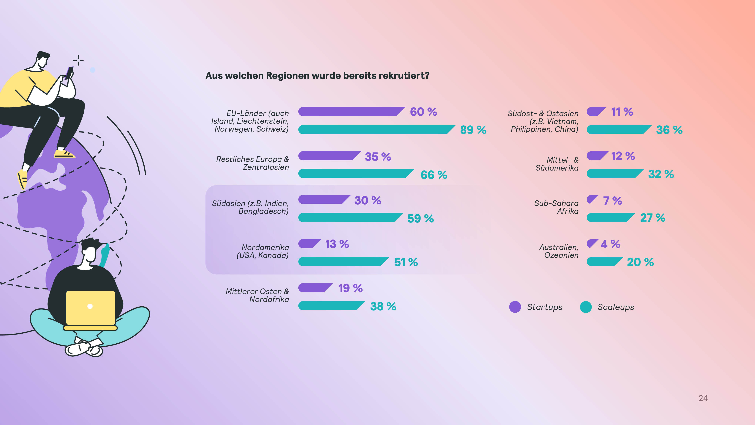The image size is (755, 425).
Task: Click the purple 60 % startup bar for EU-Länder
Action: click(350, 111)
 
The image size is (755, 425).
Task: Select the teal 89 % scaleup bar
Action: click(375, 130)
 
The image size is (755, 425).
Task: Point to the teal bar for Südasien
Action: click(349, 218)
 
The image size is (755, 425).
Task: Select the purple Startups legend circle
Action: click(515, 307)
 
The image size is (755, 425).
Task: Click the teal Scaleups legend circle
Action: click(586, 307)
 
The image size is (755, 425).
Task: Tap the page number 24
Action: click(703, 398)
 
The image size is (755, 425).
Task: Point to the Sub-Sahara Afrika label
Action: click(556, 207)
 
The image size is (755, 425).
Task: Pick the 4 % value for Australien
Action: click(610, 244)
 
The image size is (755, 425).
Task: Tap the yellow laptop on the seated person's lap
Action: click(91, 308)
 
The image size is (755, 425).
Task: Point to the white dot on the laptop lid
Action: click(90, 306)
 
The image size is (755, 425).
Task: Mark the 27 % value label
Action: click(653, 218)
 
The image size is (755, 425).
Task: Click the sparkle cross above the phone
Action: click(78, 60)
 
